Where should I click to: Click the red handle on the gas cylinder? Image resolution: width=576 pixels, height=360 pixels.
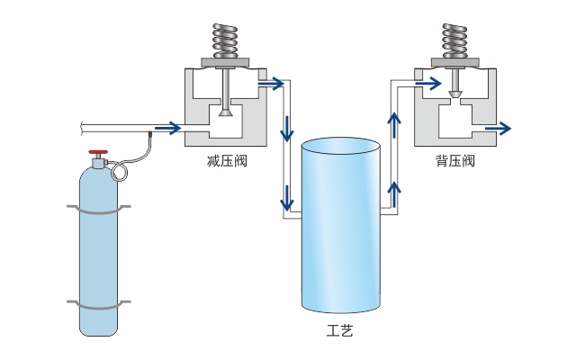coord(99,154)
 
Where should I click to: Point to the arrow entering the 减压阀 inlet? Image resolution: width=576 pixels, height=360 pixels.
coord(166,129)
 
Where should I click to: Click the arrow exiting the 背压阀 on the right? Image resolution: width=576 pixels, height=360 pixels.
coord(497,129)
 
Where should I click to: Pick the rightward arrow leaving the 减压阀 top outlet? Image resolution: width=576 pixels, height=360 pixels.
coord(271,84)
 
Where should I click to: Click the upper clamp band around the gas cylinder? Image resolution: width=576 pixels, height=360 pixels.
coord(98,211)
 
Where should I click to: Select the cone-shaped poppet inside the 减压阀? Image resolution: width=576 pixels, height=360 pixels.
coord(227,111)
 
